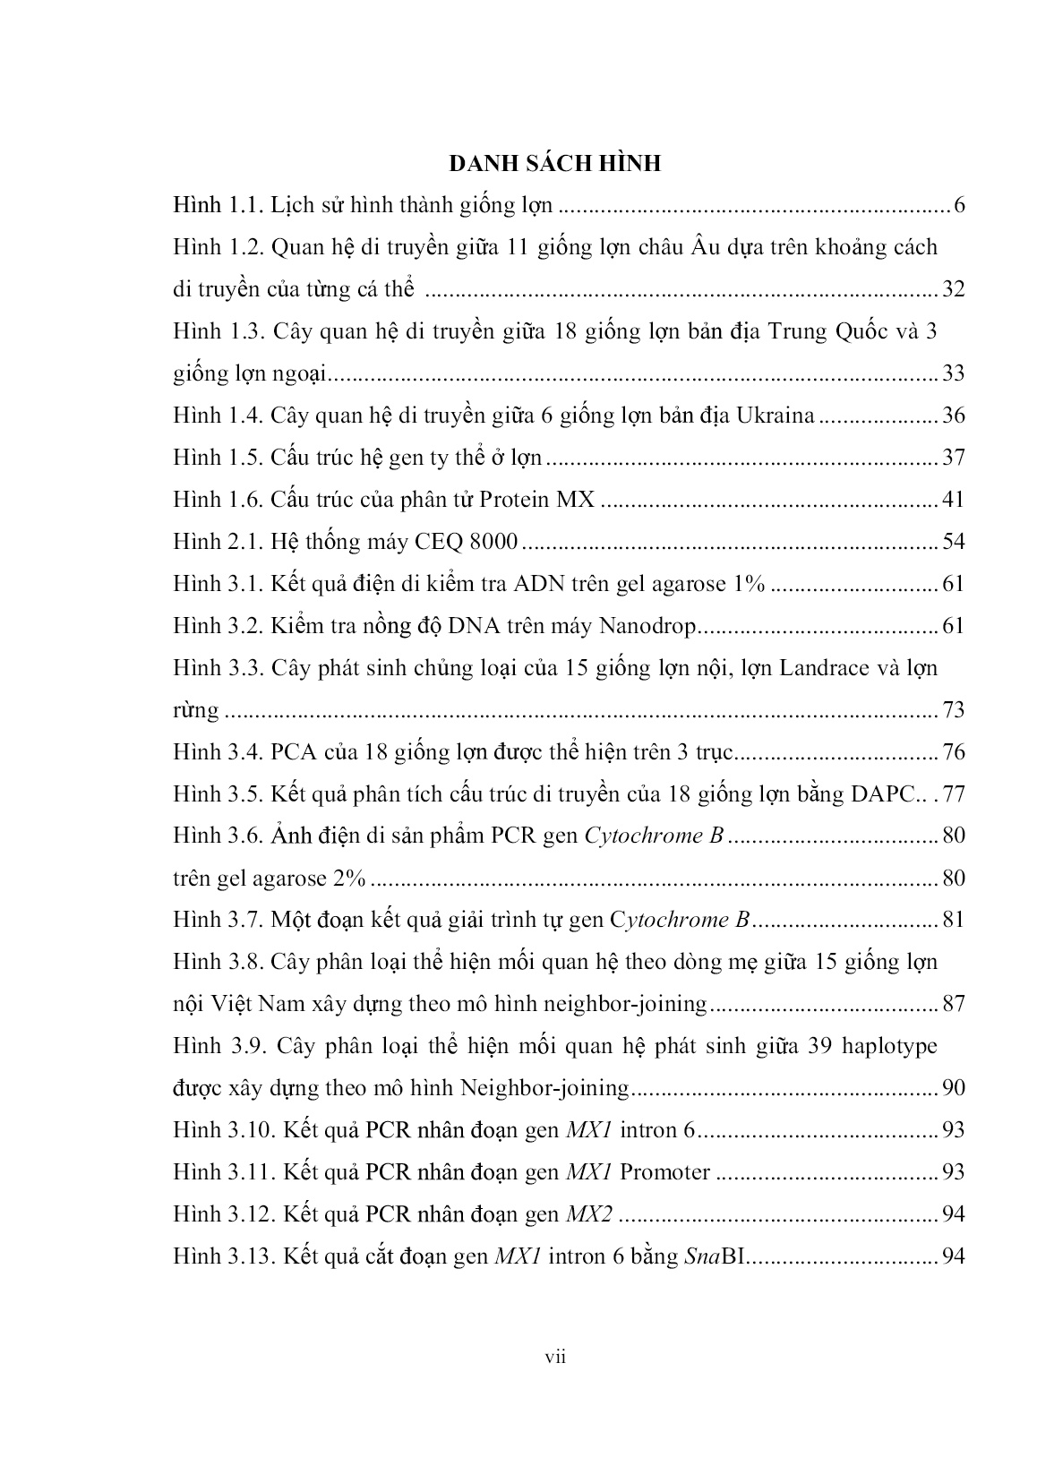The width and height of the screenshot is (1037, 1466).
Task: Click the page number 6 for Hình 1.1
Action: tap(958, 205)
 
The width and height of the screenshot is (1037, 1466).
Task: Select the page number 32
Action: tap(952, 289)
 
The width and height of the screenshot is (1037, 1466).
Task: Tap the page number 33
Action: tap(952, 373)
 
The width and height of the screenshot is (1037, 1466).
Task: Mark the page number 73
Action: tap(952, 710)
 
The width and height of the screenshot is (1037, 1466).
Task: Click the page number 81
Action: tap(952, 921)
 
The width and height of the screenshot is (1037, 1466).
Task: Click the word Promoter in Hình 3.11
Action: tap(664, 1172)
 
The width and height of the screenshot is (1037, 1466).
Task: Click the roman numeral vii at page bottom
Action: tap(556, 1358)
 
